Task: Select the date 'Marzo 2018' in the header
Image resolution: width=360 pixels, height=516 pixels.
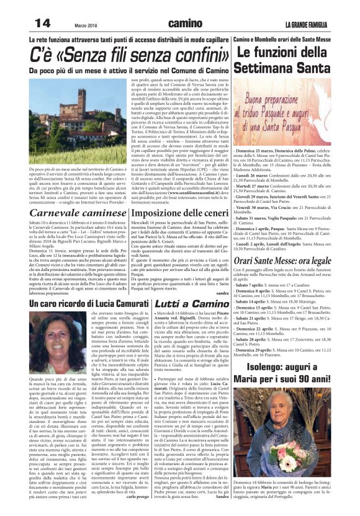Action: click(87, 25)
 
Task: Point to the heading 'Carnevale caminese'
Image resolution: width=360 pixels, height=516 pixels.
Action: click(65, 213)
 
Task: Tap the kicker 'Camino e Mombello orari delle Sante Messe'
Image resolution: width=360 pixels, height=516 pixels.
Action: click(294, 39)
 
